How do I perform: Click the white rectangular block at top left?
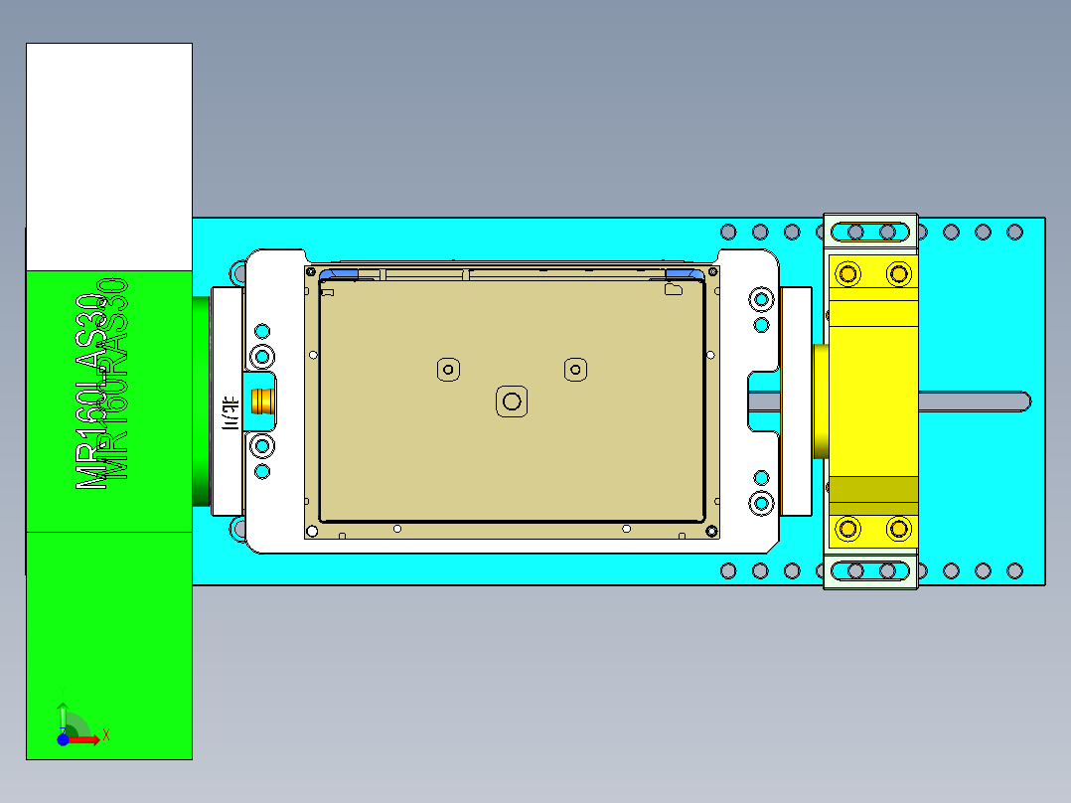click(x=108, y=156)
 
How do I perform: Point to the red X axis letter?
click(x=105, y=734)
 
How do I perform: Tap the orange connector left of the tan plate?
click(x=264, y=401)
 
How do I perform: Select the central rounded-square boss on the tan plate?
click(x=512, y=401)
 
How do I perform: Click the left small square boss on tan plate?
click(x=448, y=370)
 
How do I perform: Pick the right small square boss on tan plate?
click(x=574, y=370)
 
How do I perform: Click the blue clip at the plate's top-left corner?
click(x=338, y=273)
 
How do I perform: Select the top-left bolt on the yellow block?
click(x=848, y=272)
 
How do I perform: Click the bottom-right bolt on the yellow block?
click(x=899, y=528)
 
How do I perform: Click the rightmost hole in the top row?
click(x=1014, y=232)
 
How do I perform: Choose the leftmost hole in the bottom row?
click(x=728, y=570)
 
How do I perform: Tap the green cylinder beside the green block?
click(x=202, y=401)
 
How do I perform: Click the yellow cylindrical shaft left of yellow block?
click(x=820, y=401)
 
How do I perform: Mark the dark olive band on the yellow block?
click(x=873, y=490)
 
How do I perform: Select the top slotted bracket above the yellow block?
click(x=870, y=231)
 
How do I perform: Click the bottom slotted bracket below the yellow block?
click(x=870, y=571)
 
